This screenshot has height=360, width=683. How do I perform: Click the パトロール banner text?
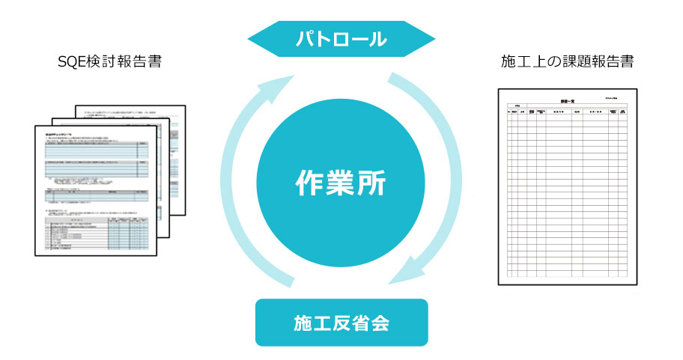click(341, 39)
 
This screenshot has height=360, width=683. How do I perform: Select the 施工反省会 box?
click(341, 323)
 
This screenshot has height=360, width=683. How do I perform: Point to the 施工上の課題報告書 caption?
click(567, 61)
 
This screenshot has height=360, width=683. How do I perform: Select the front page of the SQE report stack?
click(97, 191)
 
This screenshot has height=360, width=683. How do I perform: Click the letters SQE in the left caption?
click(70, 61)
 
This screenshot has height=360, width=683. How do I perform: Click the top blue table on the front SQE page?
click(97, 150)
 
